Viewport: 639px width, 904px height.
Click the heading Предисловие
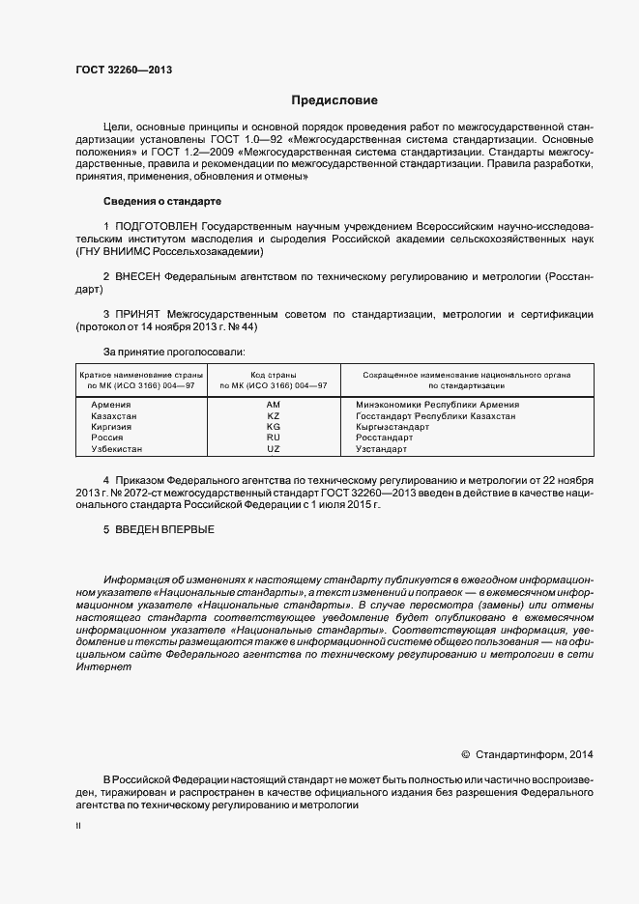click(334, 100)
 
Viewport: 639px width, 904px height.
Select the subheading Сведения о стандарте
click(161, 201)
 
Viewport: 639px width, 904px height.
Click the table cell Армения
click(110, 405)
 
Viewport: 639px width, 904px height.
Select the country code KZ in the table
click(273, 416)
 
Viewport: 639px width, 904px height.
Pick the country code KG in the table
click(273, 427)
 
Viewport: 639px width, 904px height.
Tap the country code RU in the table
click(273, 438)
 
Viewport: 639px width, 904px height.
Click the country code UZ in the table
click(273, 449)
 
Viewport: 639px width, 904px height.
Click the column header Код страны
click(273, 374)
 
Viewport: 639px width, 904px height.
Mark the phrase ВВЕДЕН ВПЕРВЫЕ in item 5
click(165, 529)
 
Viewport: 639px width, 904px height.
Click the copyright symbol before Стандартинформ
click(465, 754)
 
